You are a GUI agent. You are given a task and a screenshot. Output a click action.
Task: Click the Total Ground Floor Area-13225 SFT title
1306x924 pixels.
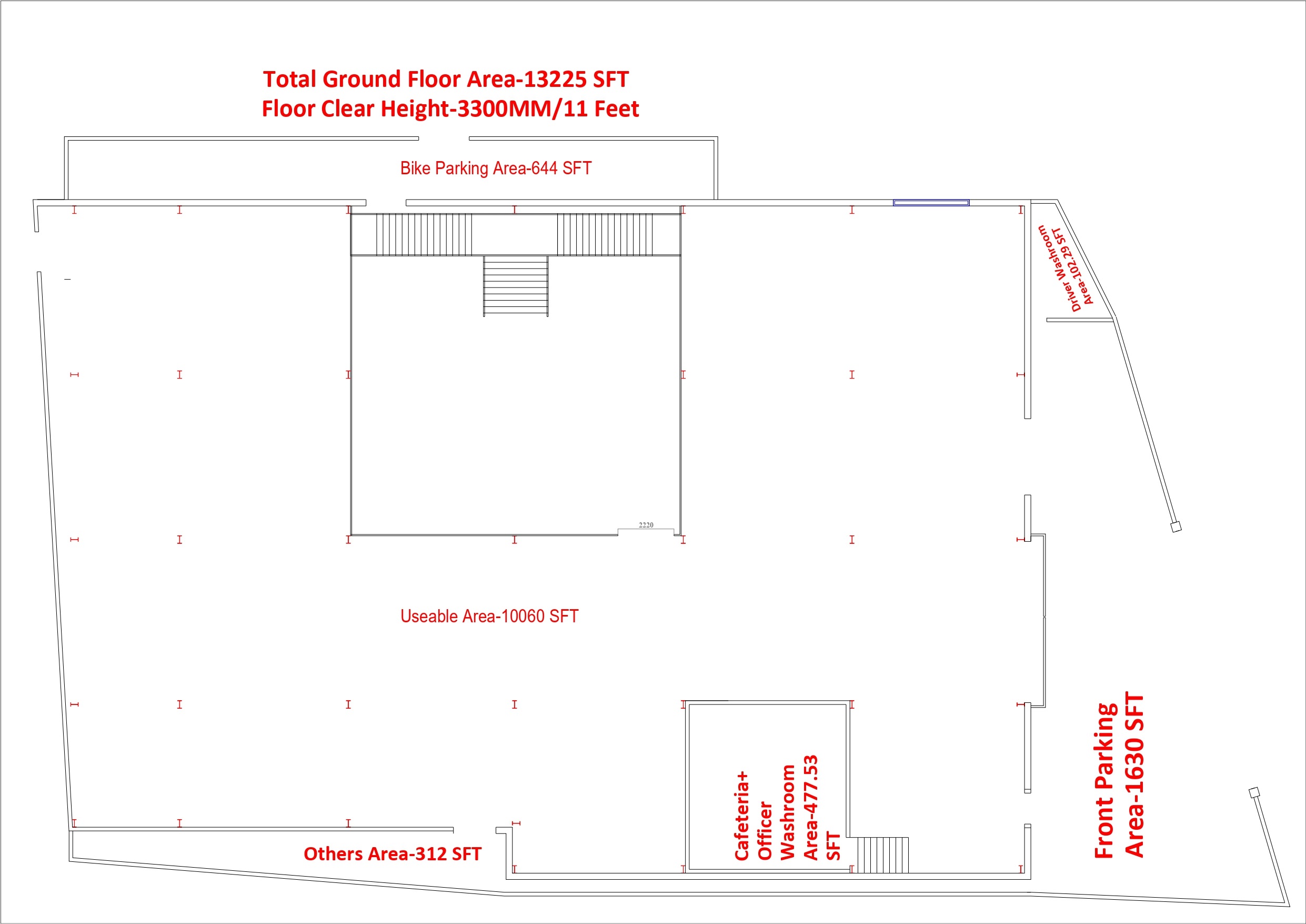coord(445,79)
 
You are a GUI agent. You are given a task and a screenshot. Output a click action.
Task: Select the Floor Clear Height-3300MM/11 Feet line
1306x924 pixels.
coord(450,109)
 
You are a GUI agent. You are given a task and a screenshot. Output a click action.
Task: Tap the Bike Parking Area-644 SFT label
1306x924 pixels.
coord(496,168)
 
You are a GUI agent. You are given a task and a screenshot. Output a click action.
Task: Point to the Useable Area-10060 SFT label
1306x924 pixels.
coord(489,616)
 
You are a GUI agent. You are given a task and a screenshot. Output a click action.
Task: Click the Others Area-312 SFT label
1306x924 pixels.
coord(393,854)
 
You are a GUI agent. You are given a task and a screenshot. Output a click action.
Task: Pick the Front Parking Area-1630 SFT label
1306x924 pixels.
coord(1118,776)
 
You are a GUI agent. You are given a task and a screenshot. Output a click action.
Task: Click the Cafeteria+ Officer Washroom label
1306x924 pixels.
coord(787,807)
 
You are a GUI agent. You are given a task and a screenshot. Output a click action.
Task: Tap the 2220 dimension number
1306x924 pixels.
coord(646,525)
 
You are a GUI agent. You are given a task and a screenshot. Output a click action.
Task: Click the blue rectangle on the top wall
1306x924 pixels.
coord(931,203)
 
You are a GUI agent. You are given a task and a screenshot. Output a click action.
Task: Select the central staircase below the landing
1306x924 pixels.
coord(515,286)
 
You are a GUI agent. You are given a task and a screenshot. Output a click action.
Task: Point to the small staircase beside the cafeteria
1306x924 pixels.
coord(882,855)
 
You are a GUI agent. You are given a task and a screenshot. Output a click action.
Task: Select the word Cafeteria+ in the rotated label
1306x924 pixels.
coord(742,816)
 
